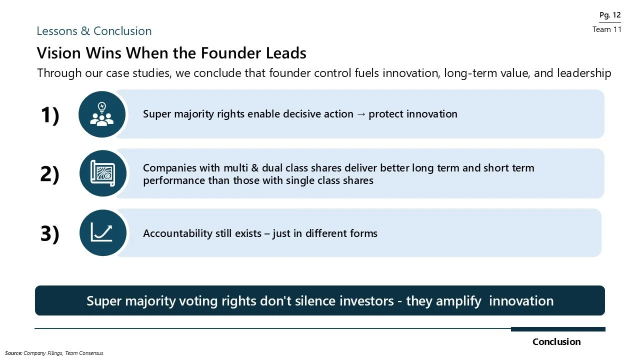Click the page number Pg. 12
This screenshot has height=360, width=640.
(x=609, y=15)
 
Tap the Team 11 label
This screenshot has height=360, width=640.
(x=606, y=29)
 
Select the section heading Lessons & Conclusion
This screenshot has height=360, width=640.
(x=94, y=31)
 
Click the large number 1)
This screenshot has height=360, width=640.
(x=49, y=115)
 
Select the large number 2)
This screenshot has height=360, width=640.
(x=49, y=174)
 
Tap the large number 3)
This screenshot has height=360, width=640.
(x=49, y=233)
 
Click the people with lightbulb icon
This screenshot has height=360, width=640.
(x=102, y=114)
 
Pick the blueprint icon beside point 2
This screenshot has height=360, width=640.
(x=102, y=173)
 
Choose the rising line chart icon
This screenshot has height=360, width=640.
(x=102, y=233)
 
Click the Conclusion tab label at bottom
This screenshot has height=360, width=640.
(x=556, y=342)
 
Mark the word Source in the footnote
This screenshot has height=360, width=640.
(x=13, y=353)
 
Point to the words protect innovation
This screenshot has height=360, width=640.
(x=413, y=114)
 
